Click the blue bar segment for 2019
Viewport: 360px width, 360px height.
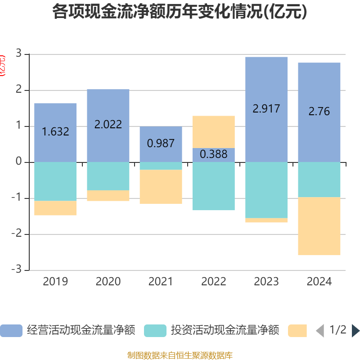tap(55, 117)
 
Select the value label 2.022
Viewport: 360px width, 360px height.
tap(108, 125)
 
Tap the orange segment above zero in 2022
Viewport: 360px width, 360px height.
tap(213, 131)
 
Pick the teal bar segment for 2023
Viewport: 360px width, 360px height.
tap(266, 190)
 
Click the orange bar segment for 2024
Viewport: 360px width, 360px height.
tap(319, 226)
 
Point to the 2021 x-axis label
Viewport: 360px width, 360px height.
tap(161, 282)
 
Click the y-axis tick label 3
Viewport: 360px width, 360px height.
tap(19, 54)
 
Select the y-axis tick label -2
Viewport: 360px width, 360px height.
tap(17, 234)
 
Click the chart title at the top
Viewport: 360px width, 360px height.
tap(180, 12)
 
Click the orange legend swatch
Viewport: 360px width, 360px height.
tap(297, 331)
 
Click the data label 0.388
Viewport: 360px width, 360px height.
tap(213, 154)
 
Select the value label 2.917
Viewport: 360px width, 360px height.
tap(266, 108)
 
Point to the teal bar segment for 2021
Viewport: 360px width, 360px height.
tap(161, 166)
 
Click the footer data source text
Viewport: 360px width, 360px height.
tap(180, 355)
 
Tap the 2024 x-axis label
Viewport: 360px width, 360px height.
tap(319, 282)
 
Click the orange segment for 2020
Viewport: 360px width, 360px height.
tap(108, 196)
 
